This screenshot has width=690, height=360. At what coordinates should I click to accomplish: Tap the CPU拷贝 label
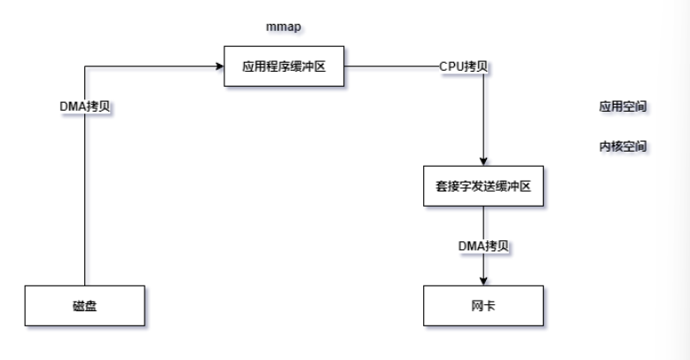(x=462, y=66)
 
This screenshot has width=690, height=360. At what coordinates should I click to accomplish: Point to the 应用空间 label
(x=621, y=106)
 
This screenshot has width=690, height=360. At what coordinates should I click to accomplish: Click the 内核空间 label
(x=621, y=145)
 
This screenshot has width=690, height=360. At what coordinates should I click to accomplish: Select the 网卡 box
(x=482, y=306)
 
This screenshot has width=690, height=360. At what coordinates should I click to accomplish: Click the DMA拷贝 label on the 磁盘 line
(x=84, y=106)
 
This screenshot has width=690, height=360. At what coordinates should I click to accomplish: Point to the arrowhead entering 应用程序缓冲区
(x=218, y=66)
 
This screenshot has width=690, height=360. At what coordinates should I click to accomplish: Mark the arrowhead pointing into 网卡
(x=482, y=281)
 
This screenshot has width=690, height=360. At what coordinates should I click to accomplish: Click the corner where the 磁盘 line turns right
(x=84, y=66)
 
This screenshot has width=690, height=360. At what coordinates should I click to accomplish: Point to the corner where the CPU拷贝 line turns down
(x=482, y=66)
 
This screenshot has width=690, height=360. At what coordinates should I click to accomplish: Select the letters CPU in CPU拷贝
(x=450, y=66)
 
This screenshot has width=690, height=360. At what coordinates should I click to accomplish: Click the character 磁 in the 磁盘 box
(x=78, y=306)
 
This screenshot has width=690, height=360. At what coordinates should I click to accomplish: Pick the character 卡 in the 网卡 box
(x=488, y=306)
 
